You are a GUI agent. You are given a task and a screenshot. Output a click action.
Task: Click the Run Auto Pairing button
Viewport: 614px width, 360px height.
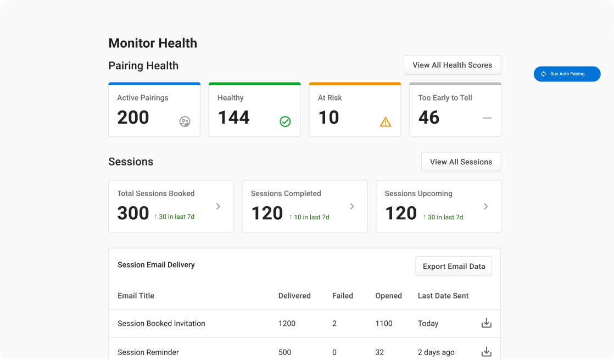[x=567, y=74]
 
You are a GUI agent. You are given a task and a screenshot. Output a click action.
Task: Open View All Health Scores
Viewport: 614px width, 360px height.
[x=452, y=65]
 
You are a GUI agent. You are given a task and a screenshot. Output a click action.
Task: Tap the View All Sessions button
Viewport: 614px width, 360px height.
[x=461, y=162]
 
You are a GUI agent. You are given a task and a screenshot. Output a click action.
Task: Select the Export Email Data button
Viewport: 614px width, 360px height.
[x=454, y=266]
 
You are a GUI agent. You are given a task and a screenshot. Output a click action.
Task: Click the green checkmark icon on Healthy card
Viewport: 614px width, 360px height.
[x=285, y=121]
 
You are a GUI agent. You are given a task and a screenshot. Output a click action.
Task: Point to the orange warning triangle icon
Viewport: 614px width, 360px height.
[x=386, y=121]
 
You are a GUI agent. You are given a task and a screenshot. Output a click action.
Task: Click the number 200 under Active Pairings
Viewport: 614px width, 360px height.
[x=133, y=118]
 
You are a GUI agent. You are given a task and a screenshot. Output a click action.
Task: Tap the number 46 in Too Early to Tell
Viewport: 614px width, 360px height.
[x=428, y=118]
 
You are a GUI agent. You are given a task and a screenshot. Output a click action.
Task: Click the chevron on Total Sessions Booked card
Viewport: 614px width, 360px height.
[x=218, y=207]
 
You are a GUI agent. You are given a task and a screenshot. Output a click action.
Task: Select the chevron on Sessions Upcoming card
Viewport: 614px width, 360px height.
[x=485, y=207]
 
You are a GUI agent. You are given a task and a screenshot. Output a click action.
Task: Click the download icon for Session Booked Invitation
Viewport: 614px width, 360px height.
[x=486, y=323]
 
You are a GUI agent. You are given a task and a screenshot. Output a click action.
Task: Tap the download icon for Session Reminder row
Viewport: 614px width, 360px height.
[x=486, y=352]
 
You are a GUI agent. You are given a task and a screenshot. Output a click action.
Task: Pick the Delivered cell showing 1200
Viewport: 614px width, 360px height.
[x=287, y=324]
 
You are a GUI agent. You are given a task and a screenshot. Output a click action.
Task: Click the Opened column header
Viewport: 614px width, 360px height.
[x=388, y=296]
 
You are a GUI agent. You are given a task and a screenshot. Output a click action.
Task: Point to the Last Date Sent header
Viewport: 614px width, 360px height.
[x=443, y=296]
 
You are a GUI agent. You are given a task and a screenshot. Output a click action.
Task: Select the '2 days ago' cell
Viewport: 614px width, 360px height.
[x=436, y=352]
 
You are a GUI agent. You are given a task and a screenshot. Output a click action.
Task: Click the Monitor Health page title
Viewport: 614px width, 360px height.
[x=153, y=43]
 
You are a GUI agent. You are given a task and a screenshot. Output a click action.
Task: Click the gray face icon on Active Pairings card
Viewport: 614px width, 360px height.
[x=185, y=121]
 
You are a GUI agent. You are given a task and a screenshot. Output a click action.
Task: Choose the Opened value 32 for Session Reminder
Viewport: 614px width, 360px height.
[x=379, y=352]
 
